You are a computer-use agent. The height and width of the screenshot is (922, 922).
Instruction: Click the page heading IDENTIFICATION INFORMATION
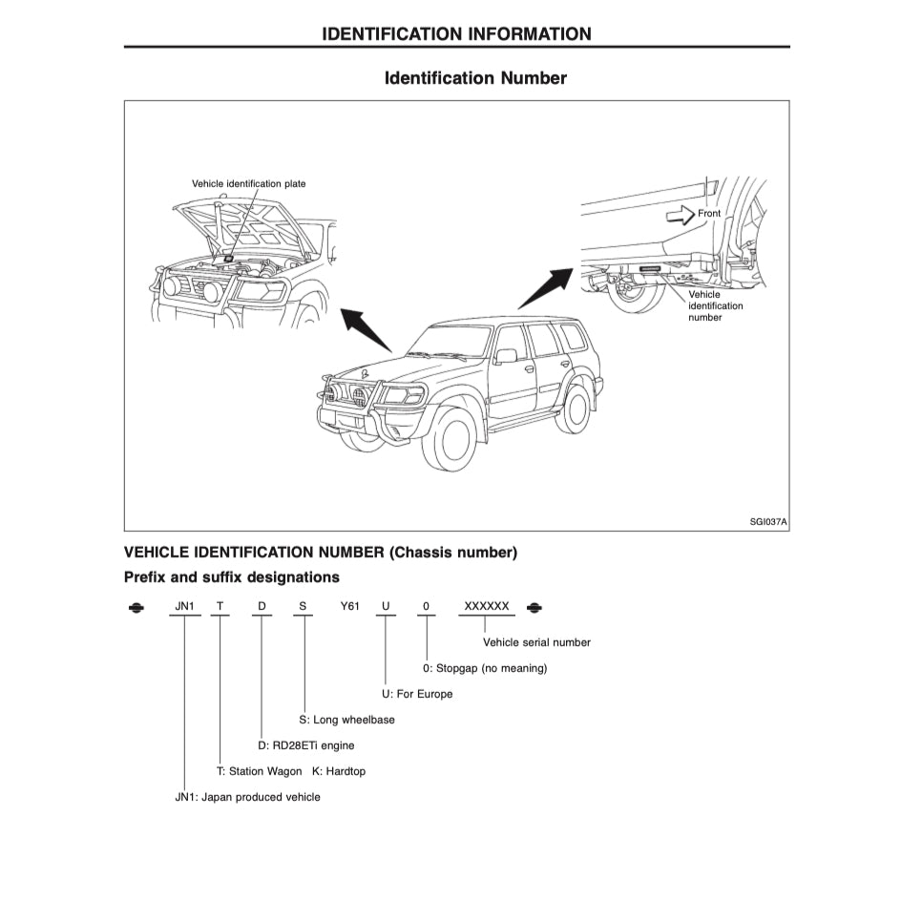[x=456, y=34]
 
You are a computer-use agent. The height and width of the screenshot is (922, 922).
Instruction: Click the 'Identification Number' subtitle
[x=475, y=78]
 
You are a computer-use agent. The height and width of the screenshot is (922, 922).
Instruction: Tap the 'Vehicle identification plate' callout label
[x=248, y=183]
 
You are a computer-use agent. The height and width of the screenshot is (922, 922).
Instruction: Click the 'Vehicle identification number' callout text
[x=715, y=306]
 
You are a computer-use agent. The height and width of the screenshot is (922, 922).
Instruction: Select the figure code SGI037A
[x=767, y=522]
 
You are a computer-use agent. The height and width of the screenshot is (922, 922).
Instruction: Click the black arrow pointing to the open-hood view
[x=367, y=329]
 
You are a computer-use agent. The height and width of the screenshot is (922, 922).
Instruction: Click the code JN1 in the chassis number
[x=185, y=607]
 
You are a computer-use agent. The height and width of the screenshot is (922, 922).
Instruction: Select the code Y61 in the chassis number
[x=349, y=607]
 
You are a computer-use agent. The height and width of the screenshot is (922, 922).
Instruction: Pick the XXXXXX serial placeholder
[x=487, y=607]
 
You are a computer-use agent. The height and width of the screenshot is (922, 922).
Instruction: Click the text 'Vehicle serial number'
[x=536, y=642]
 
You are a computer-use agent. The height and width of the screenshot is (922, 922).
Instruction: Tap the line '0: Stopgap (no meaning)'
[x=485, y=668]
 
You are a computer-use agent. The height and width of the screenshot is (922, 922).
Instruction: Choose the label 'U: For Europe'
[x=410, y=694]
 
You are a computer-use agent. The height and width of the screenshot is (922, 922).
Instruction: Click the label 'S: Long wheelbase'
[x=346, y=720]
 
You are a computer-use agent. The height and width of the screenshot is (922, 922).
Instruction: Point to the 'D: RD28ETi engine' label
[x=305, y=745]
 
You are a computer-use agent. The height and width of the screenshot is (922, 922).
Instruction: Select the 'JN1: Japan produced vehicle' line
[x=247, y=797]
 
